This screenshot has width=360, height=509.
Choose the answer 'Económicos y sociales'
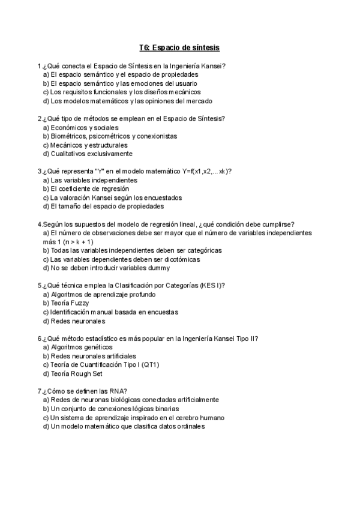pos(85,127)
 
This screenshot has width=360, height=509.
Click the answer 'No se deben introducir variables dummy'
pos(106,268)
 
